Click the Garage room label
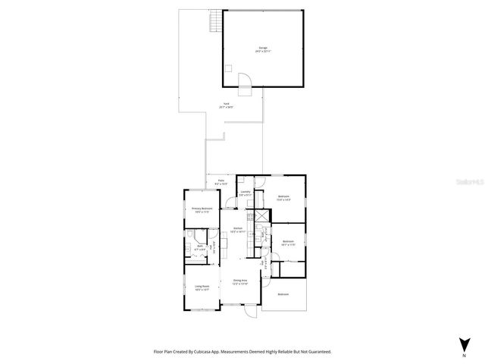pyautogui.click(x=262, y=49)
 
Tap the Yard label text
pyautogui.click(x=226, y=105)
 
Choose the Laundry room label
pyautogui.click(x=245, y=193)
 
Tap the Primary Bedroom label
pyautogui.click(x=201, y=209)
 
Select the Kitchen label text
pyautogui.click(x=237, y=229)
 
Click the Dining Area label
pyautogui.click(x=240, y=281)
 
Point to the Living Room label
pyautogui.click(x=202, y=287)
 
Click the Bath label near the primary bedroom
pyautogui.click(x=200, y=247)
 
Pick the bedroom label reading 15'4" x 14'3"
pyautogui.click(x=284, y=198)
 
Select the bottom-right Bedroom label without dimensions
pyautogui.click(x=283, y=294)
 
